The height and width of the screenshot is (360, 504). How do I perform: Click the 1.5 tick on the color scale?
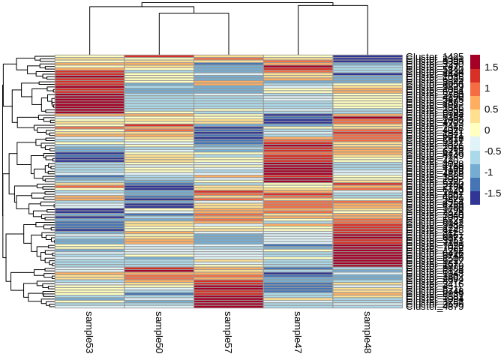tap(492, 67)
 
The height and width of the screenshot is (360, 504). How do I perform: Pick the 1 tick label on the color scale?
tap(487, 88)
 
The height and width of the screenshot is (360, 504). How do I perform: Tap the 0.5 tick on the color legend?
tap(492, 109)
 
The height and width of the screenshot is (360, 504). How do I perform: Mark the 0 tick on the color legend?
tap(487, 130)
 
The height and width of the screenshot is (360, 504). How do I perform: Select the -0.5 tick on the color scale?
tap(493, 151)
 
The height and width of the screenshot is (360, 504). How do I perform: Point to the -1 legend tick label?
tap(490, 172)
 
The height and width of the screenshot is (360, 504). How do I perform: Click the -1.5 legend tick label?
tap(493, 193)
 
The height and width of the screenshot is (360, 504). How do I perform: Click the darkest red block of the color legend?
tap(475, 61)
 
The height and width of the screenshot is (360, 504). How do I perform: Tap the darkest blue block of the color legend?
tap(475, 198)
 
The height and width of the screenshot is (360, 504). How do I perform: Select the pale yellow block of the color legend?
tap(475, 130)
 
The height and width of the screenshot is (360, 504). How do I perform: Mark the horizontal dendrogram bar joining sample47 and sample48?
tap(332, 6)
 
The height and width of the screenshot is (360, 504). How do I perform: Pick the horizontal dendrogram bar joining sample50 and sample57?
tap(193, 14)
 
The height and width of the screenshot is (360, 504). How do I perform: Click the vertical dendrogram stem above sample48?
tap(367, 30)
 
